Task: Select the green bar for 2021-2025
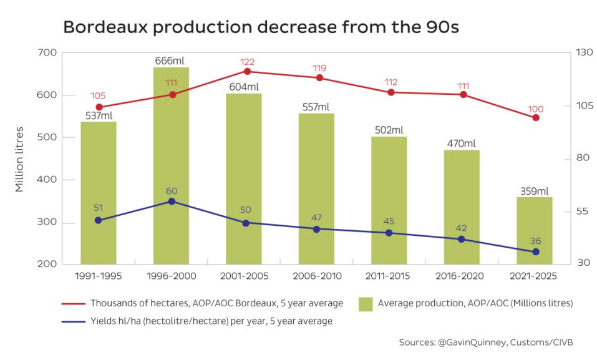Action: click(x=535, y=231)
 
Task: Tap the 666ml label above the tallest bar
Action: click(x=171, y=61)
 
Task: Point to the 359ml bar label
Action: click(x=535, y=191)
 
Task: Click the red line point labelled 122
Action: click(x=247, y=71)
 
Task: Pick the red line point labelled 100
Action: click(x=536, y=117)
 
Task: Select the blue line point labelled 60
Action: click(x=172, y=202)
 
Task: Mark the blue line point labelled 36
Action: click(x=535, y=252)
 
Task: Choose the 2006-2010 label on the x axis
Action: click(x=316, y=275)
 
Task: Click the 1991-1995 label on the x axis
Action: click(x=99, y=275)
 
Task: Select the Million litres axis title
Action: click(x=20, y=158)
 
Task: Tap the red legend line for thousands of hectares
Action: click(x=73, y=304)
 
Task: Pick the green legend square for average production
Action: click(x=366, y=304)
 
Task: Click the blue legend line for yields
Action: click(x=73, y=321)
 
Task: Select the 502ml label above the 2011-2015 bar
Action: click(x=389, y=130)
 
